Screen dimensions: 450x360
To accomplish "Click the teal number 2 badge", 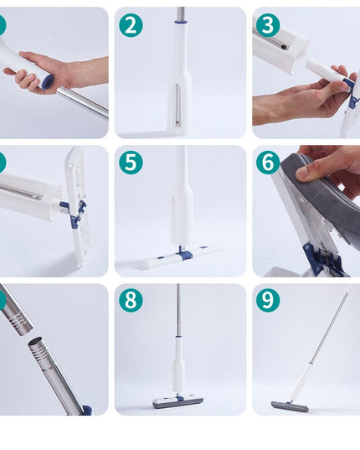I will (130, 25).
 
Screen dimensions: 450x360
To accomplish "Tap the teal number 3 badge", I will (267, 25).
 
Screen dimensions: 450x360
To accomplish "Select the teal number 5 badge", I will (130, 163).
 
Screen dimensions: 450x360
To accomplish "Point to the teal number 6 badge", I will (267, 163).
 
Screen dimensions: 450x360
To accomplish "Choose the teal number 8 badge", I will (130, 300).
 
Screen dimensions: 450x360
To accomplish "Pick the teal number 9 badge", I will (267, 300).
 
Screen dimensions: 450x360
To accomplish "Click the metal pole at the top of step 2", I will (180, 14).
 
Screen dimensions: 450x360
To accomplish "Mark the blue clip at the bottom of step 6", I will (322, 260).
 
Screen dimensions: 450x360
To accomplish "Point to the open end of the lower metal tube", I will (39, 344).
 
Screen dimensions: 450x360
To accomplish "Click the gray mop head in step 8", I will (177, 403).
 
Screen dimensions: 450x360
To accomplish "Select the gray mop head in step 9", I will (290, 406).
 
